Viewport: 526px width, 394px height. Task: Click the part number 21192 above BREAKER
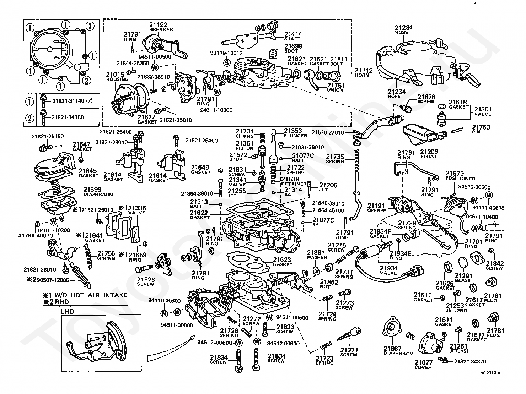click(x=158, y=24)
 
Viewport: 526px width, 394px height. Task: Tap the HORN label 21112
click(x=364, y=71)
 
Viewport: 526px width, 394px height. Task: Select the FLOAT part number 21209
click(x=429, y=151)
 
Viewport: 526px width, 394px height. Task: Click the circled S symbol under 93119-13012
click(x=226, y=63)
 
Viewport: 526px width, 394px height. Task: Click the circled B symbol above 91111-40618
click(x=489, y=195)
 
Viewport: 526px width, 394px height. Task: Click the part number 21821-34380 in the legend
click(x=68, y=117)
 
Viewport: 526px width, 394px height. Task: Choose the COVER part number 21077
click(x=423, y=362)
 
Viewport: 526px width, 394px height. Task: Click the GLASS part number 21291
click(x=463, y=275)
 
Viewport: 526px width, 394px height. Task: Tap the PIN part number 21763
click(x=481, y=127)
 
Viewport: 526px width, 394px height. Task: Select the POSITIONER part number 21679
click(x=455, y=174)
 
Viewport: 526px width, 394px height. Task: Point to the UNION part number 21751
click(x=336, y=85)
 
